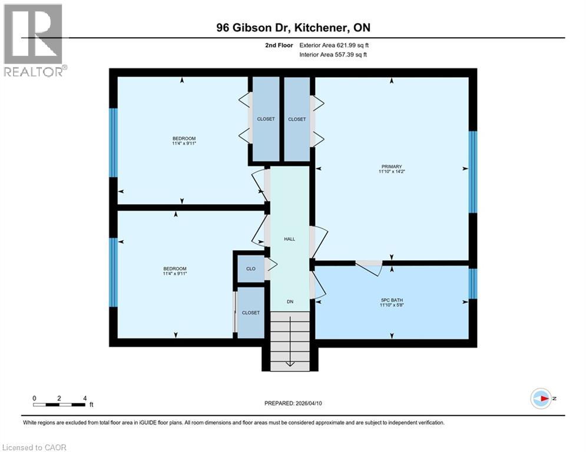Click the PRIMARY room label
[392, 167]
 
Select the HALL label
[289, 239]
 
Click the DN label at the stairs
[290, 301]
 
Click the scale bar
[59, 404]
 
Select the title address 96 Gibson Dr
[293, 28]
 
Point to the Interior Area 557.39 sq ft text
[335, 55]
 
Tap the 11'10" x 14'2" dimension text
[392, 172]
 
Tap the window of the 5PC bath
[472, 284]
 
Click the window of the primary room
[472, 171]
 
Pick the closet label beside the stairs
[250, 313]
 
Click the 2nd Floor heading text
[279, 45]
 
